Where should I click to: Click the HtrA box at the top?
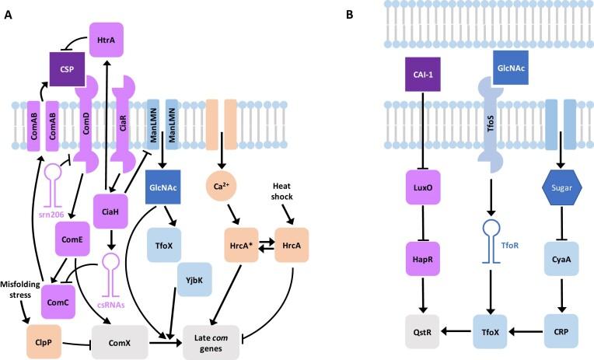[107, 39]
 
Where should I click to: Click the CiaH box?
[110, 211]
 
